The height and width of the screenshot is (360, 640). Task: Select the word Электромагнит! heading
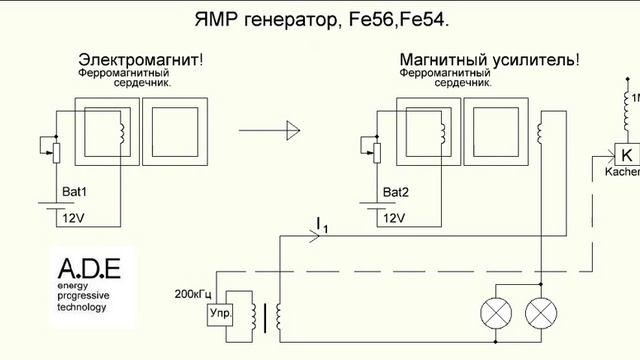139,60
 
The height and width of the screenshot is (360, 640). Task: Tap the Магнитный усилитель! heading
488,60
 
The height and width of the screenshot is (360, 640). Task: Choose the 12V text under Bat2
394,217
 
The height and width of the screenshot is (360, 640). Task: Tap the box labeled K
626,155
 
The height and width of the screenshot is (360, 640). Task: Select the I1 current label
321,224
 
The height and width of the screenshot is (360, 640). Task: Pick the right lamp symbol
541,312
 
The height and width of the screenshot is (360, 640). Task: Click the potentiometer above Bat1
55,150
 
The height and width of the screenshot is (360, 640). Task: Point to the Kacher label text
623,172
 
